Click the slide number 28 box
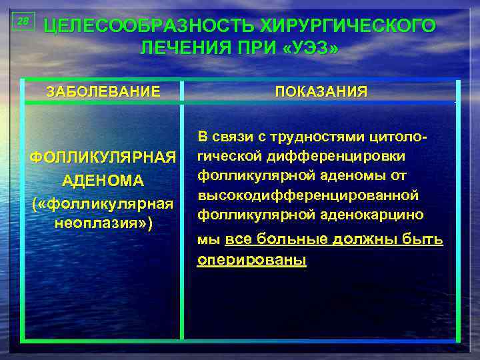[23, 22]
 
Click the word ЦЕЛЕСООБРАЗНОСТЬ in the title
[141, 26]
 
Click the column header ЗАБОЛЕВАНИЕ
[103, 91]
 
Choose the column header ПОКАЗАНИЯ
[321, 91]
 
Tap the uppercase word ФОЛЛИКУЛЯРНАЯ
[103, 159]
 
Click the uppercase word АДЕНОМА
[103, 181]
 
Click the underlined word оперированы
[251, 260]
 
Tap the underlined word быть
[416, 239]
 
